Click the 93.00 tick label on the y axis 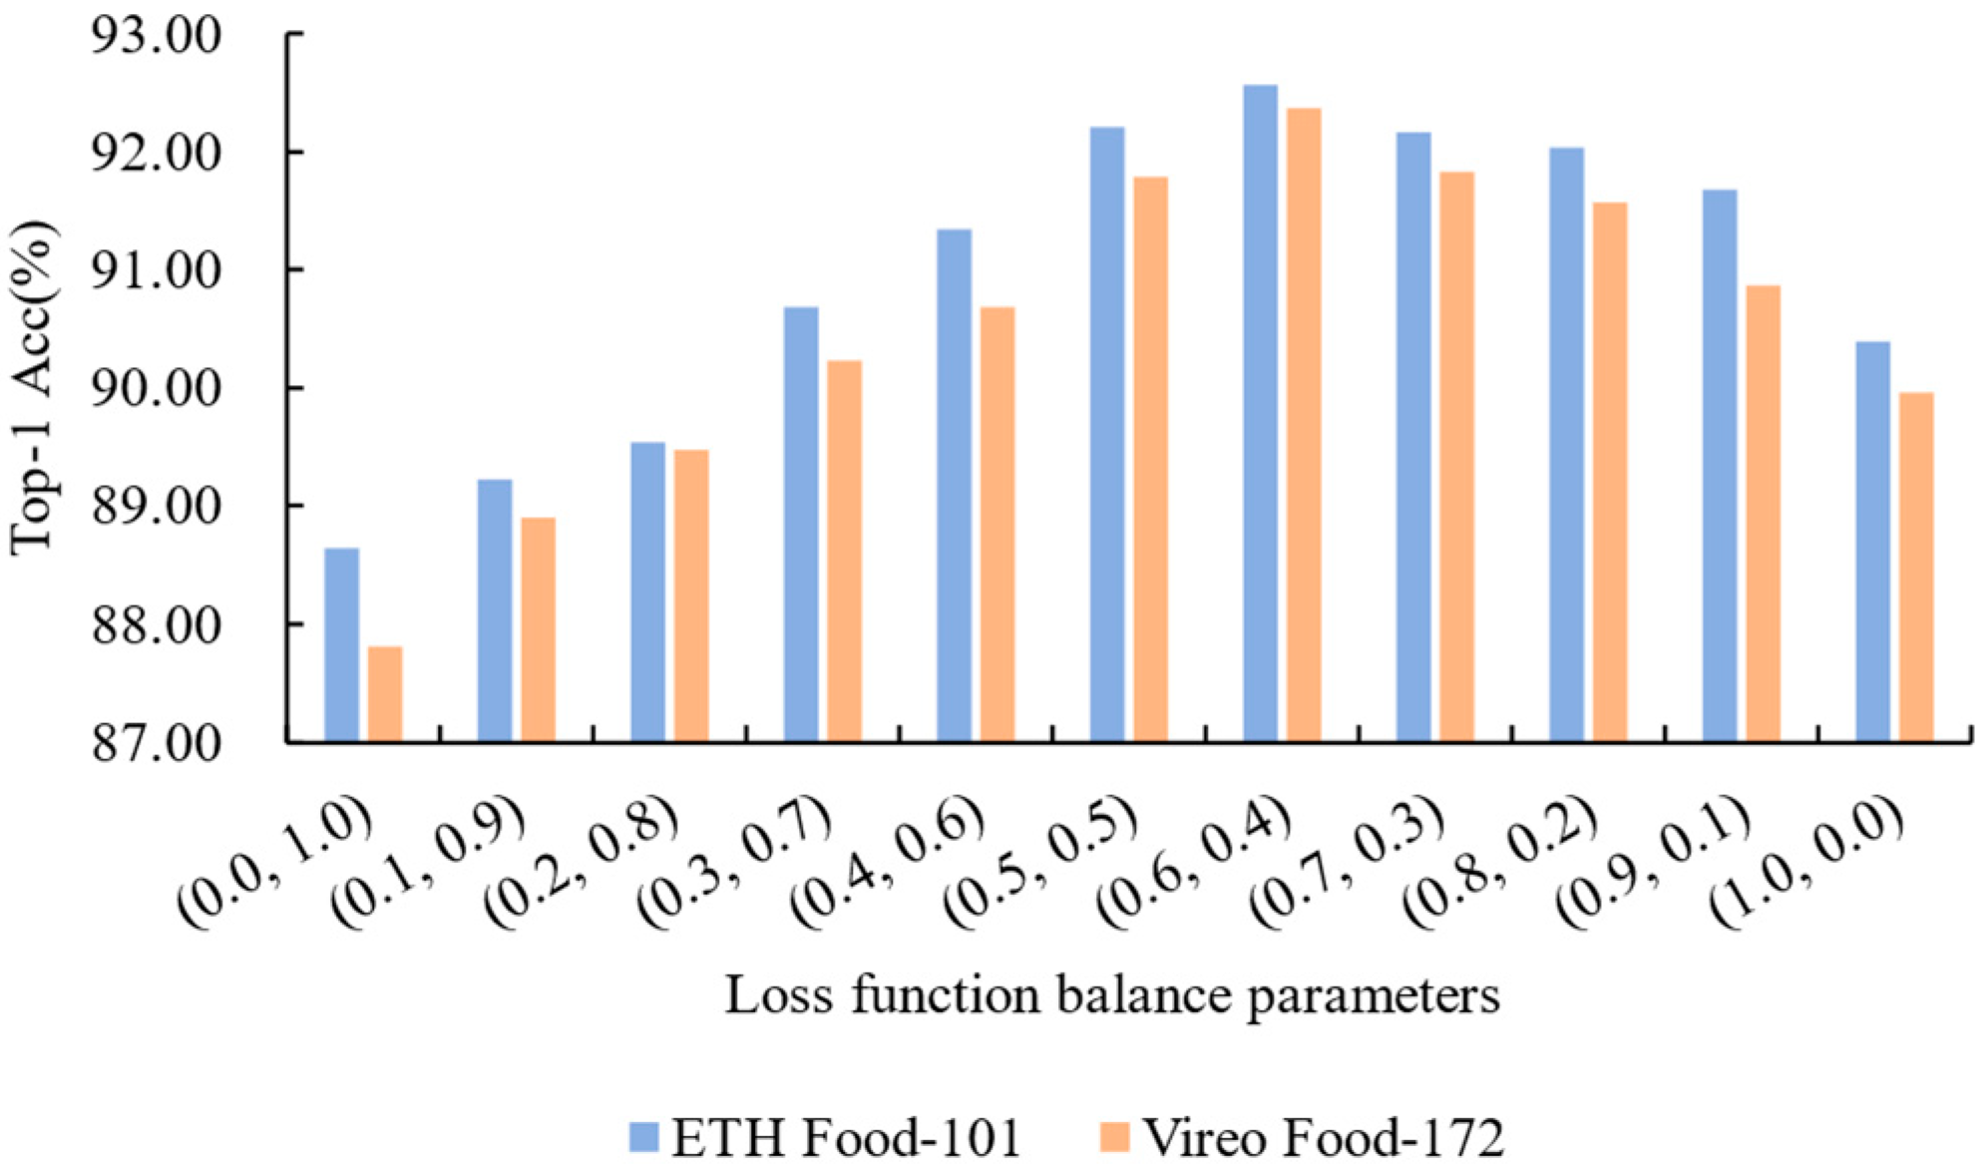(x=156, y=37)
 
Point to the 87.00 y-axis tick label (x=156, y=743)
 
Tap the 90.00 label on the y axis (x=156, y=389)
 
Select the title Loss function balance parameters (x=1111, y=995)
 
